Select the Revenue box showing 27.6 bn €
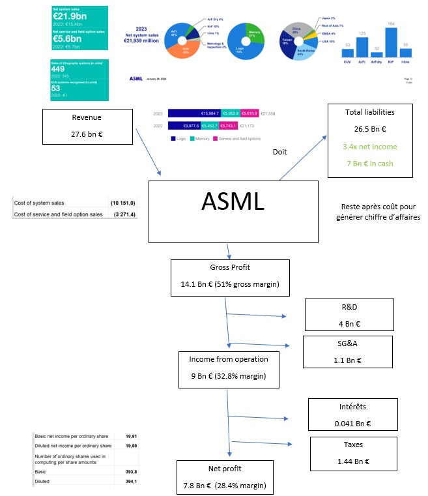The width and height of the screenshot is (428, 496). pos(90,128)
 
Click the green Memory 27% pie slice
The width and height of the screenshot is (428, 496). pos(254,32)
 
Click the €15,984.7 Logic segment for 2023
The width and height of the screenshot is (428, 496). pos(194,113)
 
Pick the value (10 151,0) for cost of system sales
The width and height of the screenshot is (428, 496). pos(122,203)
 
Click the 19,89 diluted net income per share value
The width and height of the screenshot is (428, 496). pos(126,445)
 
